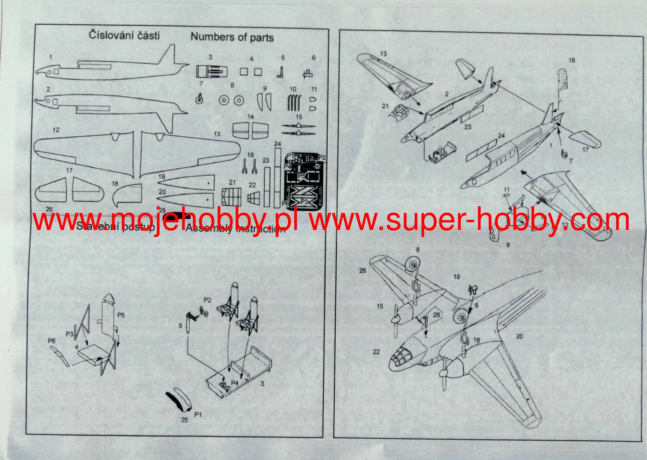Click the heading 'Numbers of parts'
tap(232, 37)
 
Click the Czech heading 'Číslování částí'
tap(124, 35)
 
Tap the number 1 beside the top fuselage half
tap(51, 57)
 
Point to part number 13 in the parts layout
tap(217, 134)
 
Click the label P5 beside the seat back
tap(121, 315)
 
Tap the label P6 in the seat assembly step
tap(52, 341)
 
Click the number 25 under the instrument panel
tap(185, 420)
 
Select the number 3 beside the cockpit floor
tap(262, 383)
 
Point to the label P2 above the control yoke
tap(207, 300)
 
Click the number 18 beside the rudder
tap(571, 60)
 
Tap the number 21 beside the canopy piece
tap(385, 106)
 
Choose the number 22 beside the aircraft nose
tap(376, 352)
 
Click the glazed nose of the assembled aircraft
tap(399, 361)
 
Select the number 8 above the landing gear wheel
tap(418, 250)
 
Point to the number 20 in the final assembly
tap(520, 336)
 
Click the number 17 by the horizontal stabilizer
tap(585, 150)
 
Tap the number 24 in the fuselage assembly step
tap(501, 136)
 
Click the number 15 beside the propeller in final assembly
tap(380, 306)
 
